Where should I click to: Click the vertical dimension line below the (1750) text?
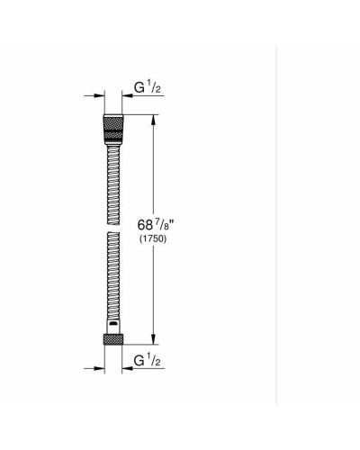click(158, 288)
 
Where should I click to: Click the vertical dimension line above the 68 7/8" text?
click(158, 166)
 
